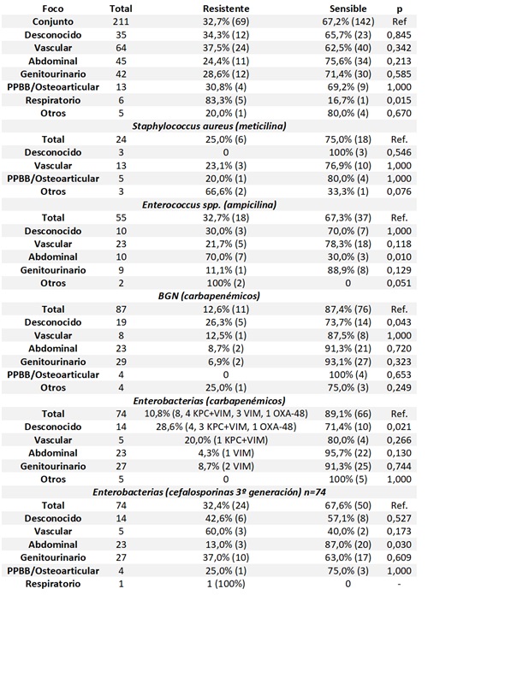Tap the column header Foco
(x=40, y=8)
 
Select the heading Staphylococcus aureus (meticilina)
(x=221, y=126)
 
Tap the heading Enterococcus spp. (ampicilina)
(x=221, y=204)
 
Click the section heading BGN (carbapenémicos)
(x=221, y=295)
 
